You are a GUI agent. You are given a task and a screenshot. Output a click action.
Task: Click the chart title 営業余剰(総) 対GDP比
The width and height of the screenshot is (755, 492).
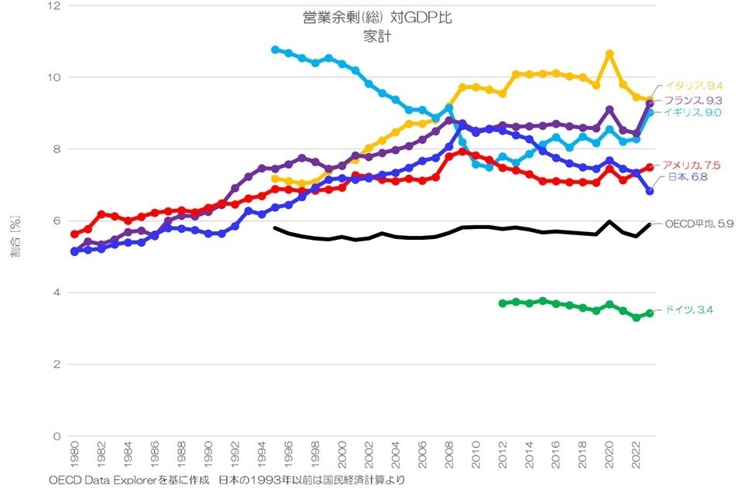click(x=377, y=18)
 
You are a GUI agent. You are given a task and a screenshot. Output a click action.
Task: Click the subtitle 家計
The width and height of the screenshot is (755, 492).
click(x=377, y=35)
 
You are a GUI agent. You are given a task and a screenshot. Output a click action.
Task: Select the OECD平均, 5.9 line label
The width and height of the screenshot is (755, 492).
click(x=699, y=224)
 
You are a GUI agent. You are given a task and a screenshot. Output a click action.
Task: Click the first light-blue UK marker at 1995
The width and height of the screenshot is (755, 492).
click(x=275, y=50)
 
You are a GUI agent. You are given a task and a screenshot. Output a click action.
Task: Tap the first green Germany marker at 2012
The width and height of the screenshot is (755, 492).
click(x=503, y=303)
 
